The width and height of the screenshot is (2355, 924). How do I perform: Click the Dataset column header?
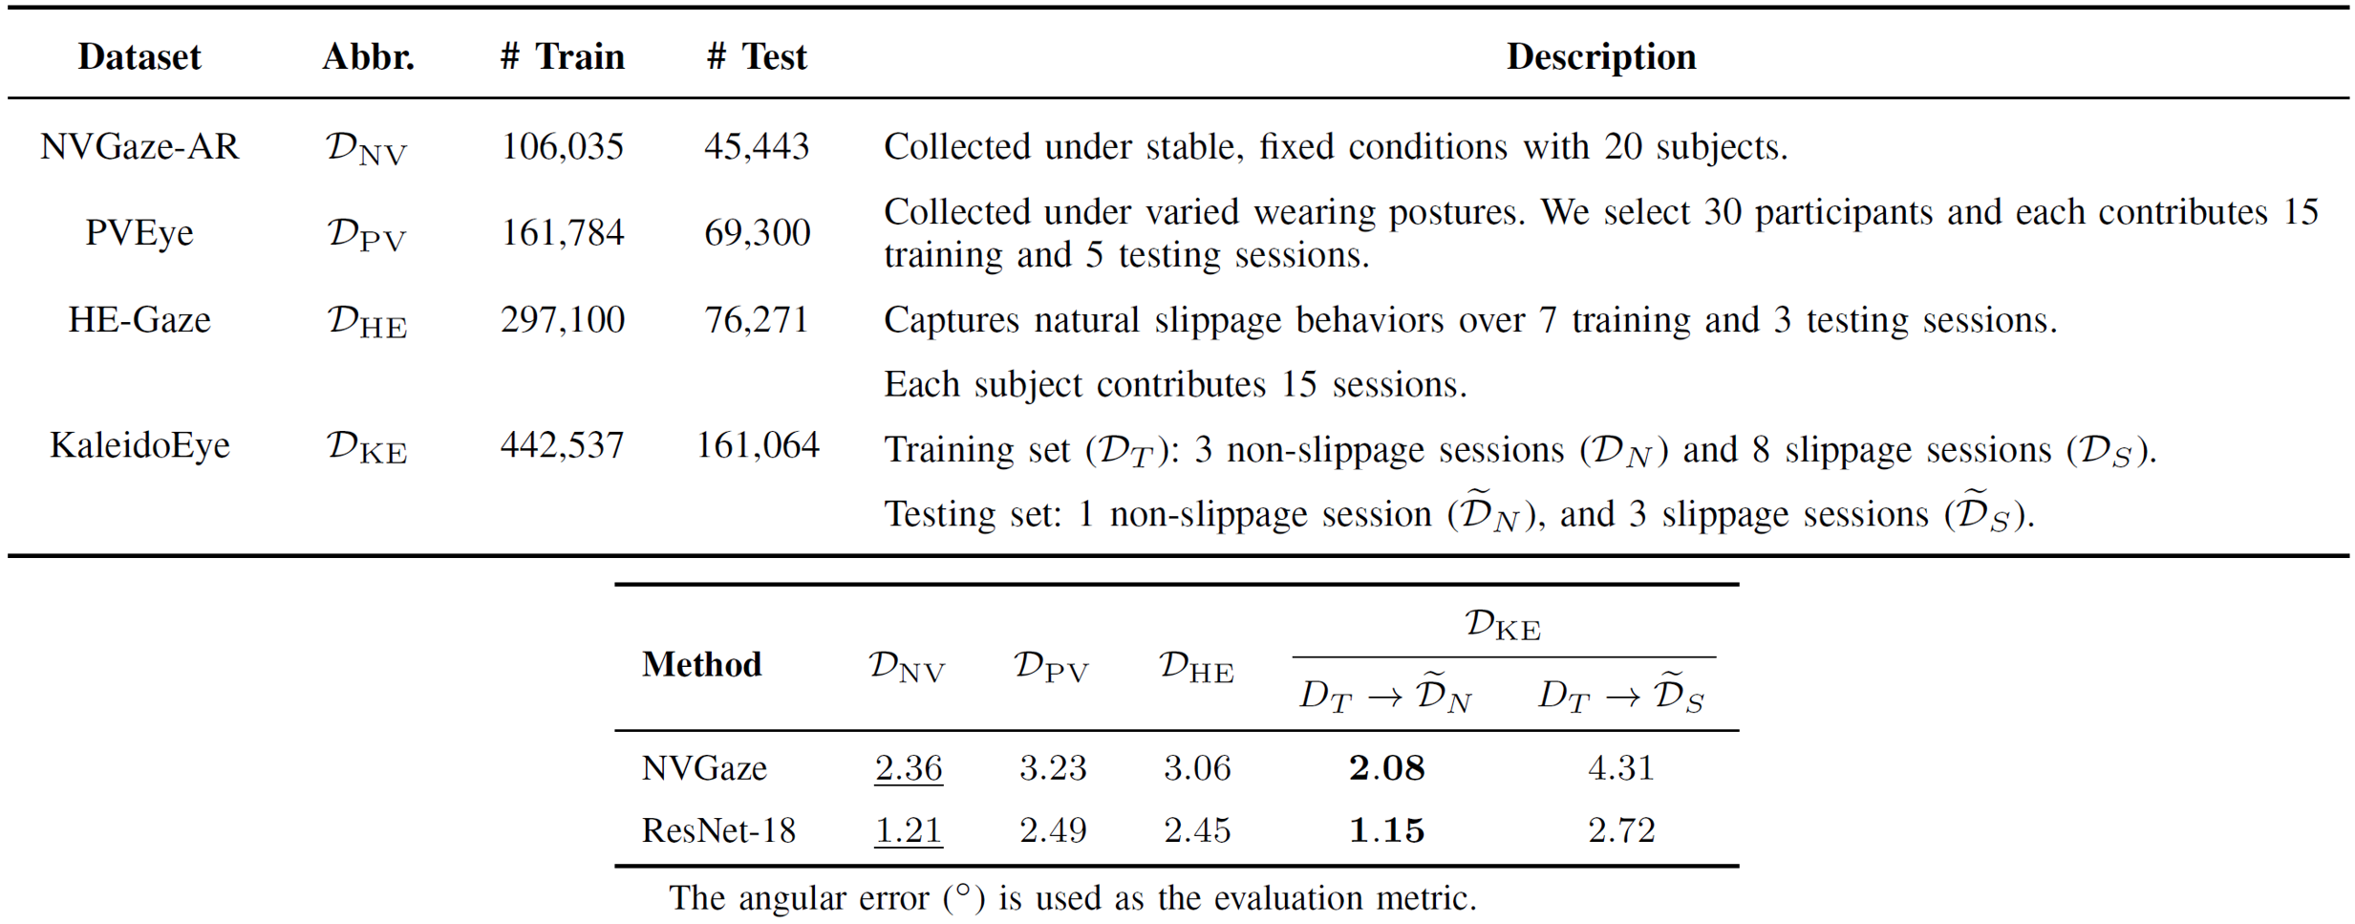[x=139, y=56]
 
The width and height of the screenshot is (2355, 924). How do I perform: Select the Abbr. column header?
[x=368, y=56]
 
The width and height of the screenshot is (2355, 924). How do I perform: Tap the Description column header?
[x=1600, y=56]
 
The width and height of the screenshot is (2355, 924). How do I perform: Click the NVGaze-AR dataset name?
[x=139, y=146]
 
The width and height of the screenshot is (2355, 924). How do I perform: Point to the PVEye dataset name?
[x=139, y=232]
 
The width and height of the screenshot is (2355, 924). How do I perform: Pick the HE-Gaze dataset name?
[x=139, y=319]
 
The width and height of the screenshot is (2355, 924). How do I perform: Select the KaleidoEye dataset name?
[x=139, y=445]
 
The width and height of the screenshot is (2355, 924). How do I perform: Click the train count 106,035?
[x=562, y=146]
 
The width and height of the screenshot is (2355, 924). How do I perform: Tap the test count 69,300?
[x=757, y=232]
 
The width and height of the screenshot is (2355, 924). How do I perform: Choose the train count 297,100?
[x=562, y=319]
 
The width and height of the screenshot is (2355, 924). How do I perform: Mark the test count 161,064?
[x=757, y=445]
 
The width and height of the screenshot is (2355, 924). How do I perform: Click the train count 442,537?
[x=562, y=445]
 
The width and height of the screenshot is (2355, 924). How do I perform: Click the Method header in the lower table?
[x=701, y=664]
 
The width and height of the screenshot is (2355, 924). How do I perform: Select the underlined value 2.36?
[x=908, y=768]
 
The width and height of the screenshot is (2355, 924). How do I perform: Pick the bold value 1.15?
[x=1386, y=830]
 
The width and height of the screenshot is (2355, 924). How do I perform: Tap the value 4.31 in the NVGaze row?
[x=1620, y=768]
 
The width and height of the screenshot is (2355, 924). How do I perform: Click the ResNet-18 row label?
[x=718, y=830]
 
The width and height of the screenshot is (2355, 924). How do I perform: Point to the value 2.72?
[x=1620, y=830]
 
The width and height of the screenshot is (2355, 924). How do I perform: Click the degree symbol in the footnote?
[x=963, y=892]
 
